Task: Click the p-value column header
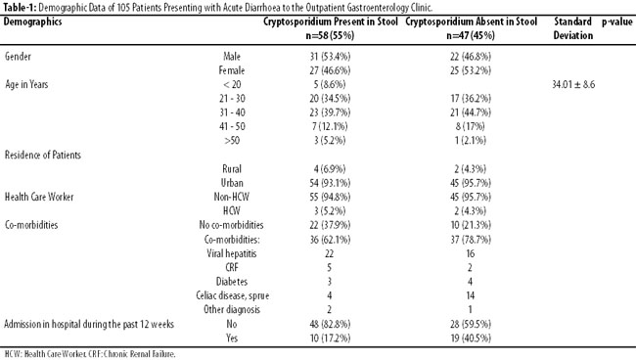(x=617, y=22)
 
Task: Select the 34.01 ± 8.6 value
(x=573, y=84)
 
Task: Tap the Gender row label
(x=18, y=57)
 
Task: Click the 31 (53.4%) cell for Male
(x=330, y=57)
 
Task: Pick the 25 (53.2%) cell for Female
(x=471, y=70)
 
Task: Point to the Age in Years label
(x=26, y=84)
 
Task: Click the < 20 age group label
(x=232, y=84)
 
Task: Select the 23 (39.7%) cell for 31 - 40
(x=330, y=112)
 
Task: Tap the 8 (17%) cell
(x=470, y=126)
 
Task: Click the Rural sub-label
(x=232, y=168)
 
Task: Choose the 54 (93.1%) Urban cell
(x=330, y=183)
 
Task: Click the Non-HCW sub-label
(x=232, y=197)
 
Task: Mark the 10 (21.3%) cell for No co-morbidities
(x=471, y=225)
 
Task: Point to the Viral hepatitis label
(x=232, y=253)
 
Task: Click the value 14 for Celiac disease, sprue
(x=471, y=295)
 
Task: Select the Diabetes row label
(x=232, y=282)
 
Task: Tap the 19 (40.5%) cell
(x=471, y=337)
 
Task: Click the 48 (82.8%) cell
(x=330, y=324)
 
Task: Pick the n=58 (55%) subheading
(x=330, y=35)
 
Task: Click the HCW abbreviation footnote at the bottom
(x=90, y=354)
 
